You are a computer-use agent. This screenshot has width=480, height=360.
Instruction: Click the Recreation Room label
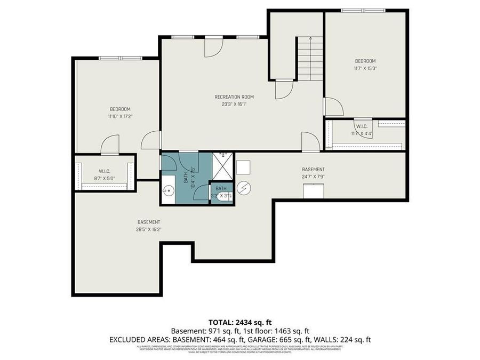point(234,97)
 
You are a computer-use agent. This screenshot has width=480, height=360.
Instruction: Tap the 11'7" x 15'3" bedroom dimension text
point(365,68)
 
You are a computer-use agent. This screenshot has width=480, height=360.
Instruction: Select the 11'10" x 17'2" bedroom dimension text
point(119,116)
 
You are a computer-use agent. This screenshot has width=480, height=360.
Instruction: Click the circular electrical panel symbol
point(244,187)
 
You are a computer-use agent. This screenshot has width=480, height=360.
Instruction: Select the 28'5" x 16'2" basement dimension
point(149,229)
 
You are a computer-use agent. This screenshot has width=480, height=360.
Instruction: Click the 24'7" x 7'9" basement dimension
point(313,177)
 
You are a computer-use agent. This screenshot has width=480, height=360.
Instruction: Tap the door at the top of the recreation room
point(213,46)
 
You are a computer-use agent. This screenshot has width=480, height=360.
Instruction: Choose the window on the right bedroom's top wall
point(363,10)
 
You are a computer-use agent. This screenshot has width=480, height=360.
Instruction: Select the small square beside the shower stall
point(244,167)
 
